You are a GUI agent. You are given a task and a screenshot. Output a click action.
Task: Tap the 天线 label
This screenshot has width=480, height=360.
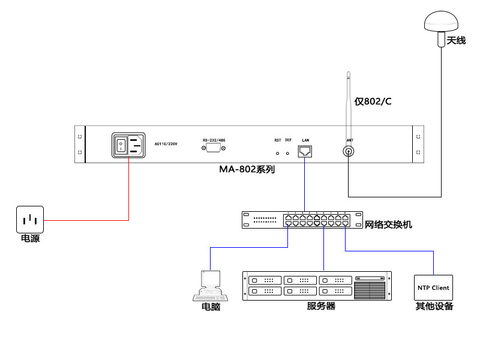tap(456, 41)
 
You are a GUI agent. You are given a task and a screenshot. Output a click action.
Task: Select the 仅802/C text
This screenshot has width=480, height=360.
tap(373, 101)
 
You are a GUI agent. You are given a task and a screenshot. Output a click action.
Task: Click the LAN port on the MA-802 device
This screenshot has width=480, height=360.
tap(305, 150)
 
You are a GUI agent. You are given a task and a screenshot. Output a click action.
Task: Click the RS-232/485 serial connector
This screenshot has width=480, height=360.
tap(214, 148)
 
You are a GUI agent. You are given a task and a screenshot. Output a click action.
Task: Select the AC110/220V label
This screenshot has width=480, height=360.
tap(166, 144)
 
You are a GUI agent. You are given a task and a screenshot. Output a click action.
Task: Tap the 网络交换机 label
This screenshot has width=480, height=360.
tap(388, 226)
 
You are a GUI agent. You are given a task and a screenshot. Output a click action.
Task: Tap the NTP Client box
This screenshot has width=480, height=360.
tap(433, 288)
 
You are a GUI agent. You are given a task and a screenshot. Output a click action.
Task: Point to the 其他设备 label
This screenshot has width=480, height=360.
tap(434, 307)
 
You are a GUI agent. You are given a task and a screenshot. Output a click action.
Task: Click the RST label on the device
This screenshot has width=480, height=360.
tap(278, 140)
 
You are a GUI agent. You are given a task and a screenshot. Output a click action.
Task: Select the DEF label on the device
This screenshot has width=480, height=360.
tap(288, 140)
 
